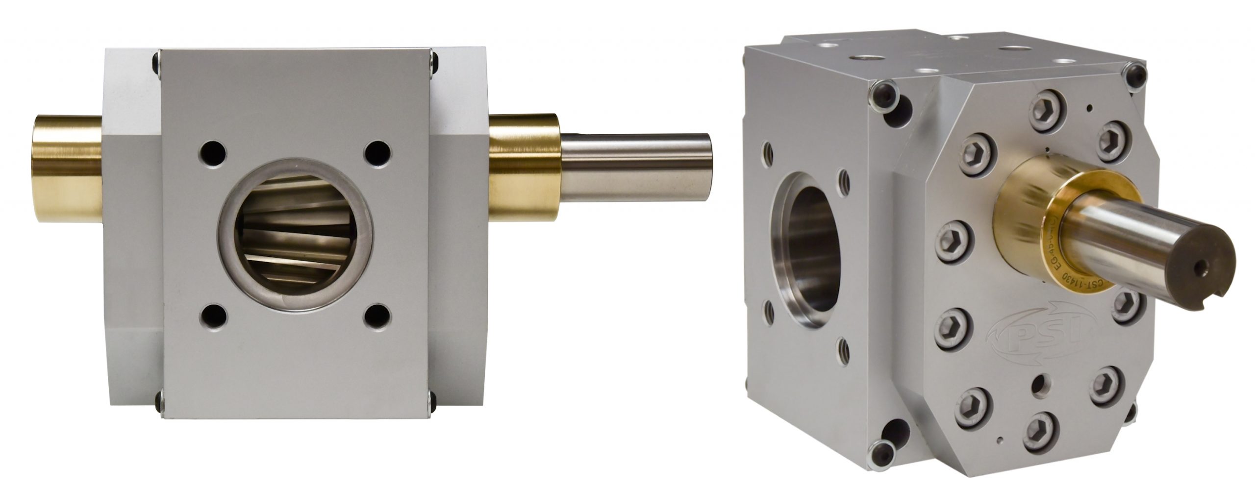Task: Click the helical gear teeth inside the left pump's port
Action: click(x=297, y=245)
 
